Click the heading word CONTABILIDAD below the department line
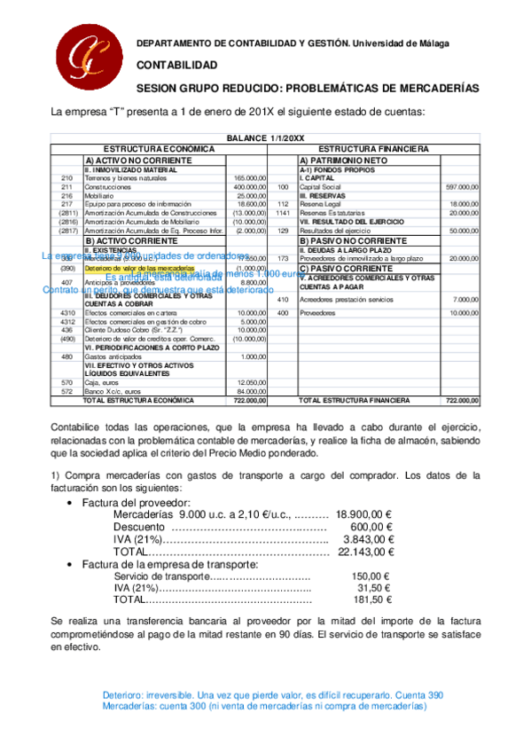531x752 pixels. tap(176, 66)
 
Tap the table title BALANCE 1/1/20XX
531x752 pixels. tap(265, 138)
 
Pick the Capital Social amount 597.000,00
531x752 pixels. tap(462, 187)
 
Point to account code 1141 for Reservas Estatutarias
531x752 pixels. tap(283, 213)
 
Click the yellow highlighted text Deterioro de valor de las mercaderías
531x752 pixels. tap(139, 267)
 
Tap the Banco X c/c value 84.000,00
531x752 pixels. tap(249, 391)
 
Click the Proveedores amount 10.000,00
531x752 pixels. tap(464, 313)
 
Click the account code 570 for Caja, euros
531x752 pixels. tap(66, 382)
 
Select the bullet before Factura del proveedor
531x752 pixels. tap(70, 503)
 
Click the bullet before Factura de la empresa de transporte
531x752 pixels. tap(70, 563)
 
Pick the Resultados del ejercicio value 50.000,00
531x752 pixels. tap(464, 231)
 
